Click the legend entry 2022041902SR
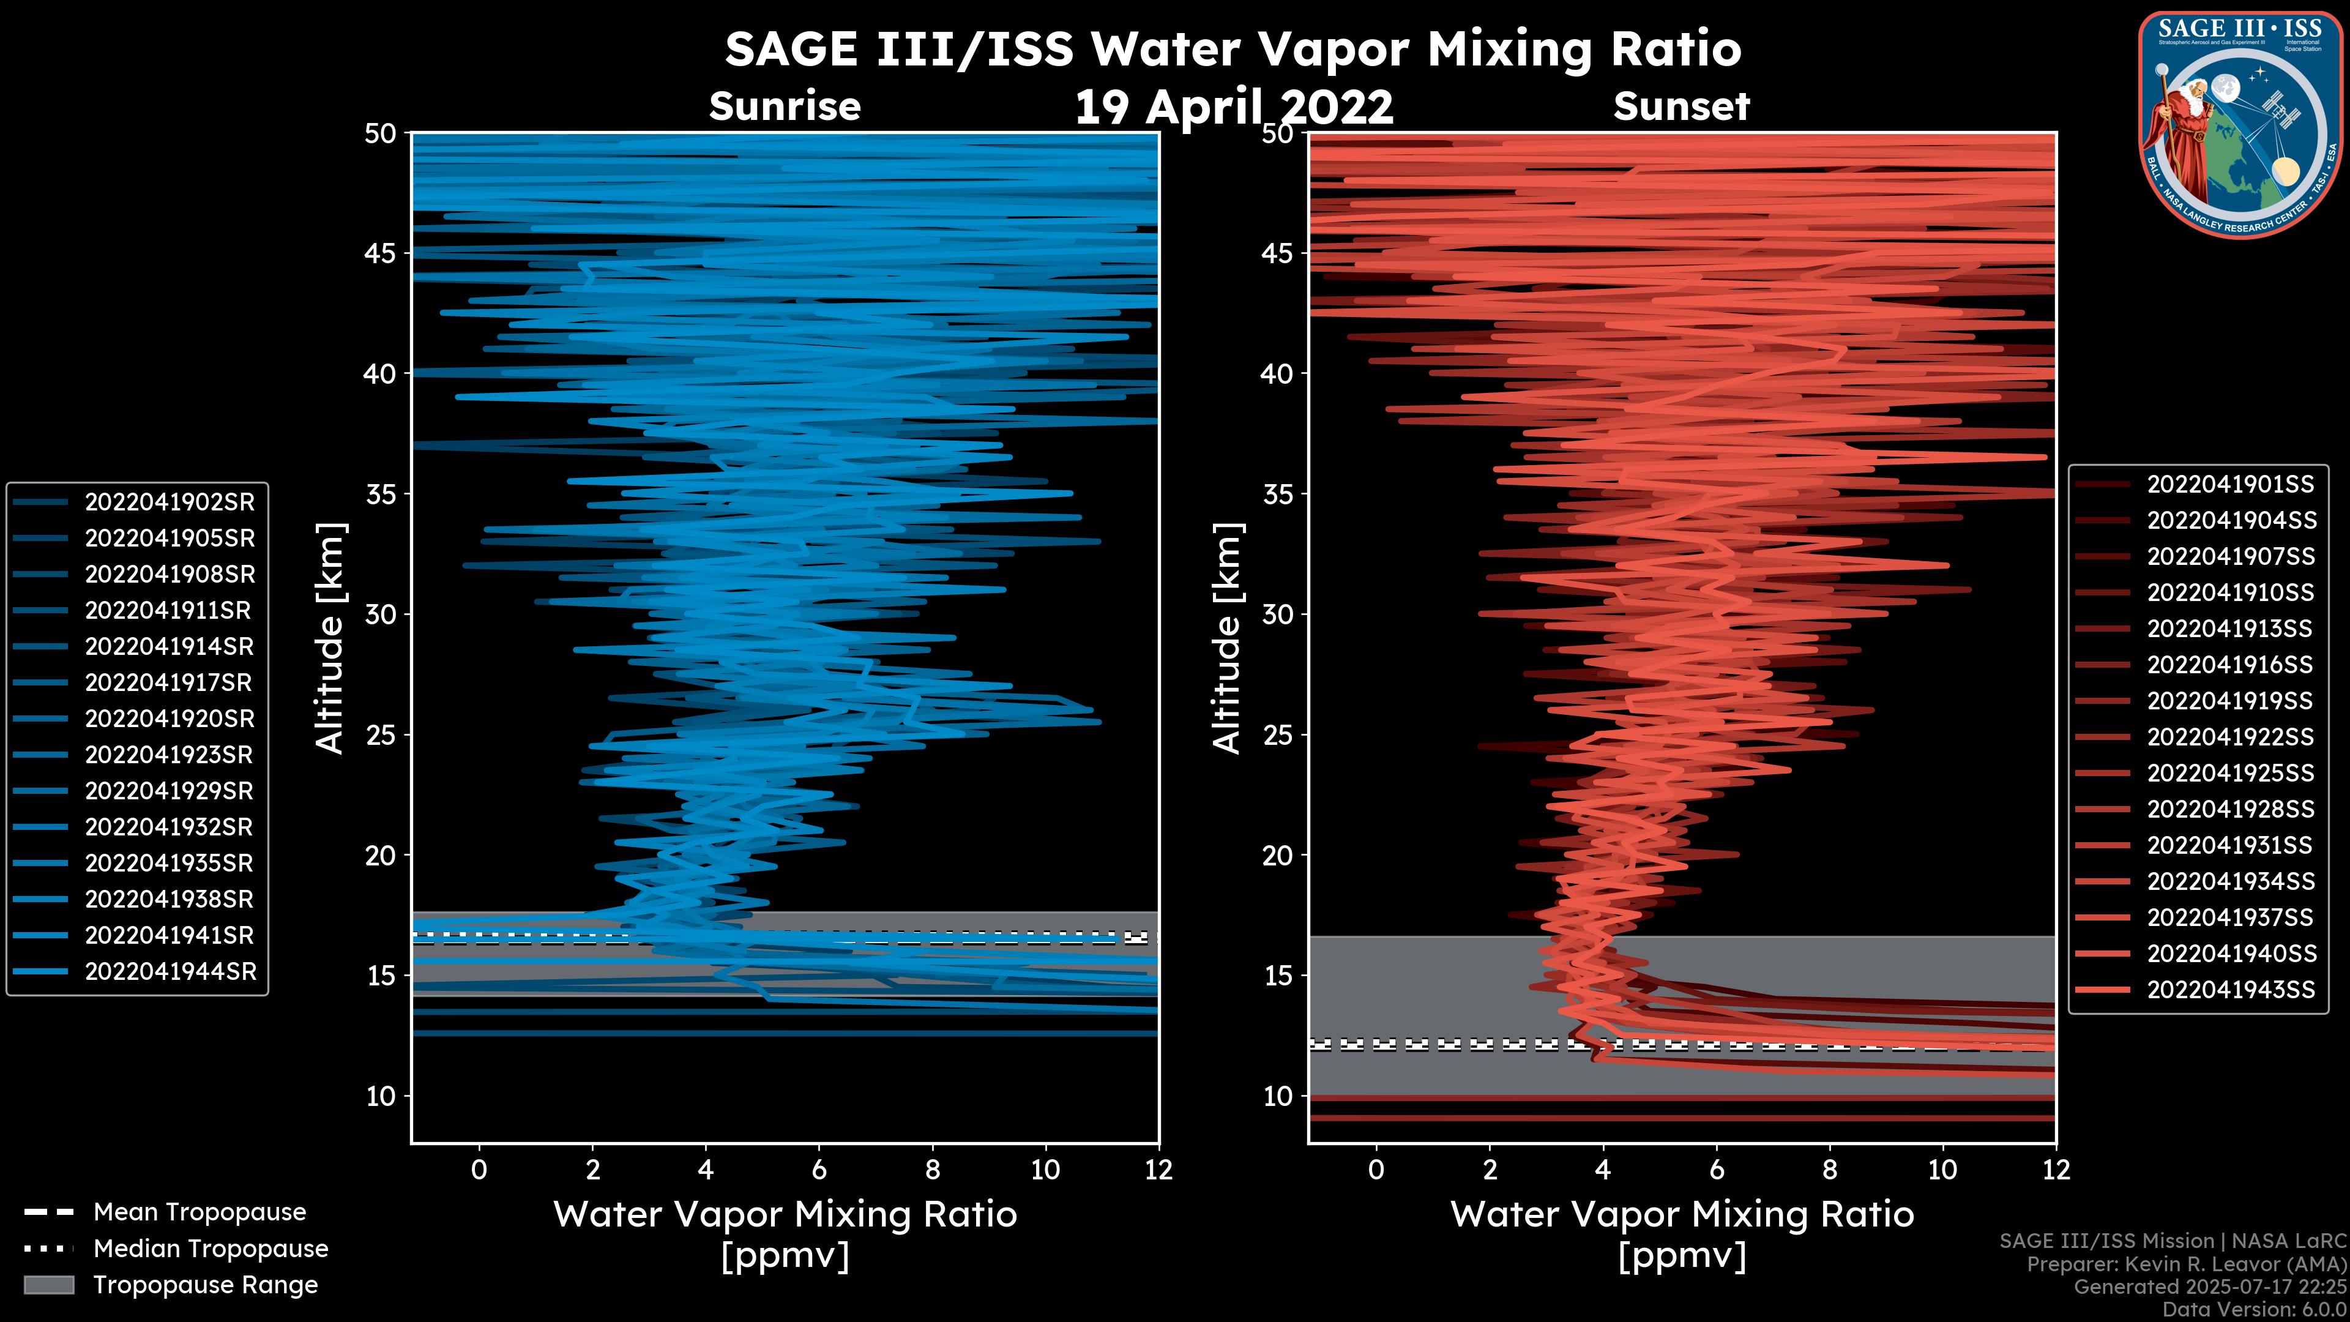coord(170,502)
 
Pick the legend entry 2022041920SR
coord(170,719)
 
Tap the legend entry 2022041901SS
coord(2231,485)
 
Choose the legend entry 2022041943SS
coord(2231,990)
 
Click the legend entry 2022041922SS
coord(2231,737)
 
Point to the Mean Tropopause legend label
coord(199,1212)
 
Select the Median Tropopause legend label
coord(210,1249)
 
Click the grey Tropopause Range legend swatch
coord(48,1285)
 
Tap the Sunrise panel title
coord(785,106)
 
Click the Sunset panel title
coord(1681,106)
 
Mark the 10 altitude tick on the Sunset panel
coord(1278,1096)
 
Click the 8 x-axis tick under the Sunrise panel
coord(932,1170)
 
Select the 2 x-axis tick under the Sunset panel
coord(1490,1170)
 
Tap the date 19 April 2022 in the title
coord(1233,108)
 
